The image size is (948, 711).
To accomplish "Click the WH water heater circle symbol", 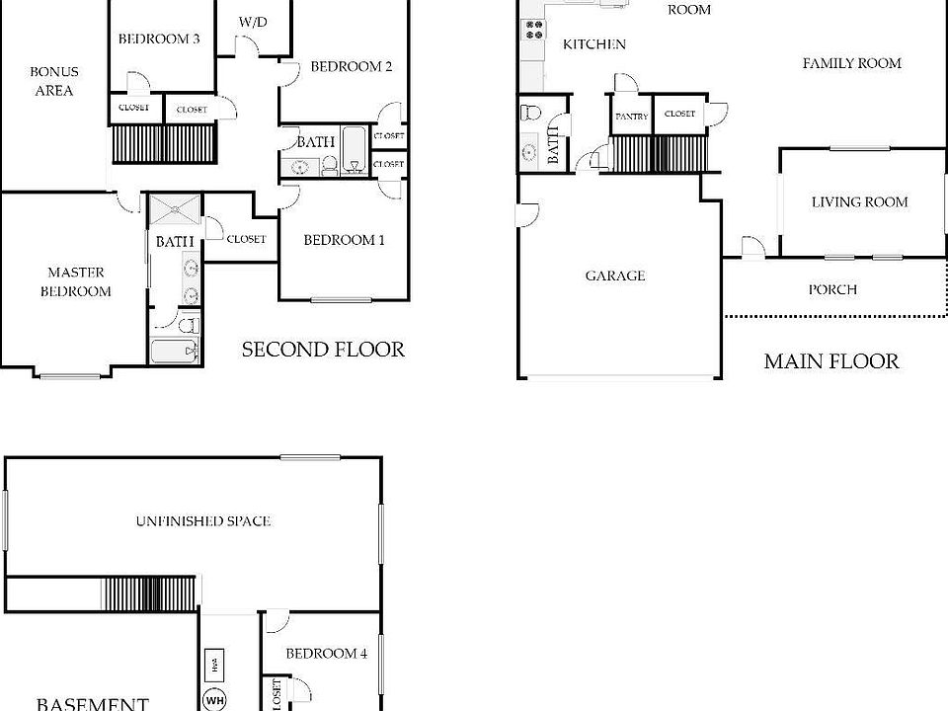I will (214, 700).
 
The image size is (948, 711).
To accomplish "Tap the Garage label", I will (614, 276).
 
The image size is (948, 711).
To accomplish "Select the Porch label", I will (832, 289).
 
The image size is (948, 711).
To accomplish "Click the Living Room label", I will (859, 202).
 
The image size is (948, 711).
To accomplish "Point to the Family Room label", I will (851, 63).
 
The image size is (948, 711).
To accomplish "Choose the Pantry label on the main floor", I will (632, 117).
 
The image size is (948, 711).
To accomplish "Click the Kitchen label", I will (593, 43).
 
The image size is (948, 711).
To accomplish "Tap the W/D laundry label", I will (253, 22).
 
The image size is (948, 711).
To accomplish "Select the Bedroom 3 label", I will (159, 39).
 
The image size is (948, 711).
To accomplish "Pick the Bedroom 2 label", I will (352, 67).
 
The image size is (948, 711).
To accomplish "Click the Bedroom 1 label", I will (344, 240).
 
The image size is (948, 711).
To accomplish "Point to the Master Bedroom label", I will (75, 281).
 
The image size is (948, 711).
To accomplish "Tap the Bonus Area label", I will (53, 81).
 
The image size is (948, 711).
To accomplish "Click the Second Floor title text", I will (323, 350).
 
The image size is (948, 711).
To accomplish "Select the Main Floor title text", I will (831, 361).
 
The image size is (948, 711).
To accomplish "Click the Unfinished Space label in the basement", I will (203, 520).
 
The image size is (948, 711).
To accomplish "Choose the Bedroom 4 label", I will (326, 653).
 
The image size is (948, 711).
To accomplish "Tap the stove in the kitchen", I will (535, 31).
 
